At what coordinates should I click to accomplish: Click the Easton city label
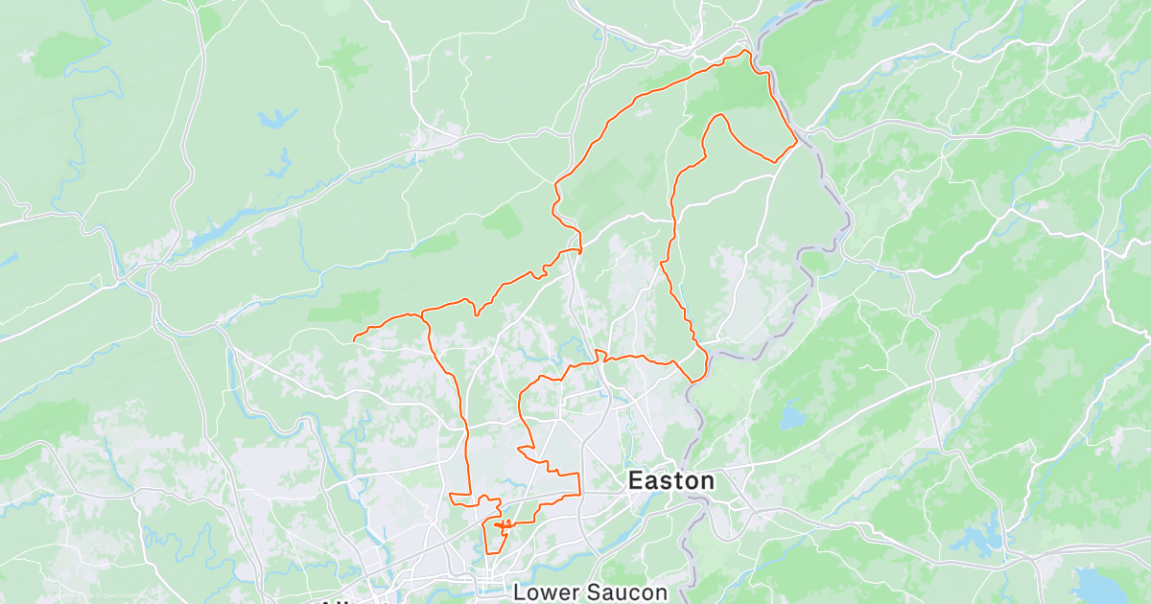coord(670,480)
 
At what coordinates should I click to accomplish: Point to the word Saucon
coord(629,592)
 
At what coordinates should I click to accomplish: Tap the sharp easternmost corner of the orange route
coord(797,143)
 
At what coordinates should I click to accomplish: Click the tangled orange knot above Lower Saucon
coord(503,523)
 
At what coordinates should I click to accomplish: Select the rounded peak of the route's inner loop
coord(717,115)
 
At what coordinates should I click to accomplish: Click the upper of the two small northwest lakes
coord(276,119)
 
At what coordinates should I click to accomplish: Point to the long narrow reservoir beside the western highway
coord(230,222)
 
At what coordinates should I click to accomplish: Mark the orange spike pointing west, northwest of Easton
coord(521,448)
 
